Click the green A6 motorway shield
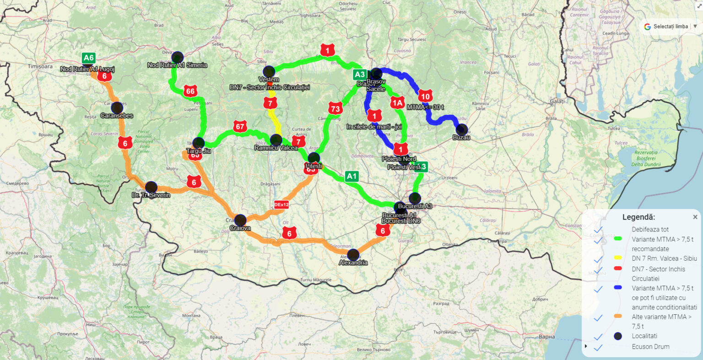point(88,58)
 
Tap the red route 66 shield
point(190,91)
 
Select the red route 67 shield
point(240,126)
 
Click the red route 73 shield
point(335,109)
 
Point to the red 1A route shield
point(397,103)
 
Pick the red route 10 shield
point(425,96)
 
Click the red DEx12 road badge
point(281,204)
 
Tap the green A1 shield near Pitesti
point(351,176)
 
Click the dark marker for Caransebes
point(117,108)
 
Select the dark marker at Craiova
point(240,220)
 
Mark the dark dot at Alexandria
point(353,255)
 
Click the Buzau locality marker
point(462,129)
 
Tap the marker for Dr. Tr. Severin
point(151,187)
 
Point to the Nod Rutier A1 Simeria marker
point(177,57)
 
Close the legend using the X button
point(695,217)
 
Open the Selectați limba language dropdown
point(671,27)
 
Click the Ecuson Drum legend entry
point(650,347)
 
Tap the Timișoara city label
point(40,66)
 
